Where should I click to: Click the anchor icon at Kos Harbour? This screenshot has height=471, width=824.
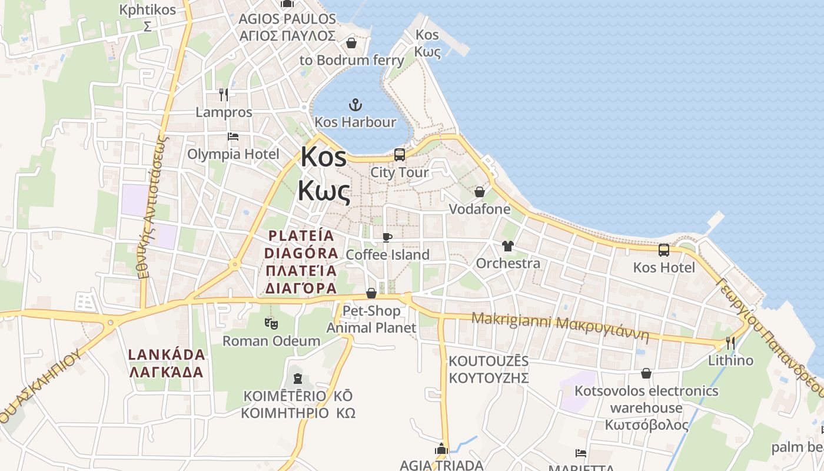point(355,105)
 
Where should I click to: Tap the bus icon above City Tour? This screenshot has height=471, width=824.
point(400,155)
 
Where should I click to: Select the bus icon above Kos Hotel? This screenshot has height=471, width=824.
point(664,250)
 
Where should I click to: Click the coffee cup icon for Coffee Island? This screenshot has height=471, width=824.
point(387,237)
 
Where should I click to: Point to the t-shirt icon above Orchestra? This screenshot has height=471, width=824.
point(507,246)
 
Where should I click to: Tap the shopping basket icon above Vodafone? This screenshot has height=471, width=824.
point(480,192)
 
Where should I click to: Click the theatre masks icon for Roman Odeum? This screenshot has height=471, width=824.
point(271,323)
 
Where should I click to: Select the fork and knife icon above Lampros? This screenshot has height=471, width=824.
point(224,95)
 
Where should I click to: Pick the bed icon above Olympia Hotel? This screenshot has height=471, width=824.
point(233,137)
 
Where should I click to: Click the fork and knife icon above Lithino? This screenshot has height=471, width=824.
point(730,343)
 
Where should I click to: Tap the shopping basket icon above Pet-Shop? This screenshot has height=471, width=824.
point(371,293)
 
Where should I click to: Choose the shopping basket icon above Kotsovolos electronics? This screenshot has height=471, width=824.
point(646,373)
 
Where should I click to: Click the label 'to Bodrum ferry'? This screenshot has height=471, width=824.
point(352,60)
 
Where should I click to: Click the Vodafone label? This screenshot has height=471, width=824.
point(480,210)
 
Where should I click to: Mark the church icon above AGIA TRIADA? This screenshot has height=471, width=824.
point(441,449)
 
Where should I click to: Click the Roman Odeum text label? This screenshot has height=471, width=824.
point(271,341)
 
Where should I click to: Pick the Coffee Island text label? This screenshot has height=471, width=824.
point(387,255)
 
